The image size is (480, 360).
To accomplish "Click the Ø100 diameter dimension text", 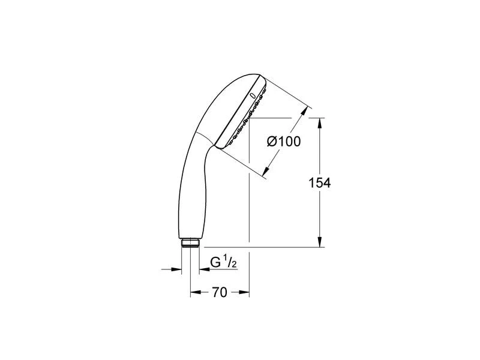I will point(284,142).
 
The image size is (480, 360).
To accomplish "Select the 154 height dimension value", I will point(320,183).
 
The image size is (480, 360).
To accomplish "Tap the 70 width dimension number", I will point(219,293).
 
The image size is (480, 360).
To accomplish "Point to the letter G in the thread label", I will point(214,263).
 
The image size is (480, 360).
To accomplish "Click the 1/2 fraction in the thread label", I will point(227,262).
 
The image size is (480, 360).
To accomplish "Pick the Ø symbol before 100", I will point(271,142).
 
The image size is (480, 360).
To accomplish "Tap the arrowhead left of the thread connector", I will point(177,268).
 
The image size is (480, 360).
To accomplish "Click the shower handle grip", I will point(191,192).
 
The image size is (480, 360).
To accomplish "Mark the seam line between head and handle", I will point(205,139).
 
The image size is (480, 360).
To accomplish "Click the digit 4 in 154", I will point(327,183).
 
